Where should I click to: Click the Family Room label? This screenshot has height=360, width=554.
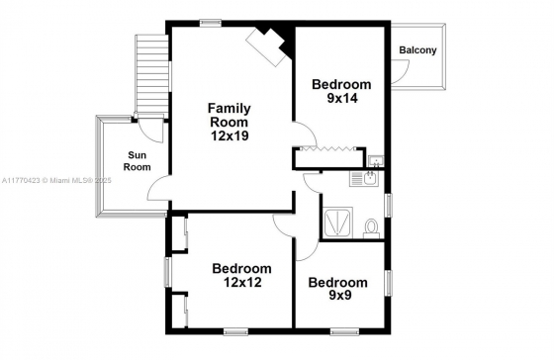click(x=229, y=115)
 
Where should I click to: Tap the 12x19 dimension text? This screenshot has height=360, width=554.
click(x=230, y=135)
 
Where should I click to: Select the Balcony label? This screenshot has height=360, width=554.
click(x=417, y=50)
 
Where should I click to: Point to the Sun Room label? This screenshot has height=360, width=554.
click(x=138, y=161)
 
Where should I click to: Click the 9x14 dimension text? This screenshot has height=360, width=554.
click(x=342, y=98)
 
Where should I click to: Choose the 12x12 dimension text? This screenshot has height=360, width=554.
click(x=242, y=282)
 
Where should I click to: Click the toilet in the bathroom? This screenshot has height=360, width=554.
click(x=371, y=228)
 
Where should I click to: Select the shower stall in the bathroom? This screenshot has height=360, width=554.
click(x=338, y=223)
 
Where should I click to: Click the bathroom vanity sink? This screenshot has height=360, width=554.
click(x=364, y=178)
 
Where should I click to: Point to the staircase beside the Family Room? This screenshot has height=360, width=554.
click(x=151, y=73)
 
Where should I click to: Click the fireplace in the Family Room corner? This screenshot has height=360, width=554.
click(x=270, y=45)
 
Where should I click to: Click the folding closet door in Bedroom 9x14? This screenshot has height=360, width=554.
click(x=327, y=149)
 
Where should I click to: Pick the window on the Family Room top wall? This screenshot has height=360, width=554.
click(x=211, y=24)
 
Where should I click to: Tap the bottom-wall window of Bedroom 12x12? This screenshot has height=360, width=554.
click(x=235, y=331)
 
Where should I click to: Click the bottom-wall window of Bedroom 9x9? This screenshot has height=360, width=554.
click(x=344, y=331)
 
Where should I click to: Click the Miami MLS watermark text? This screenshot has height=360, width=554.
click(x=56, y=181)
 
